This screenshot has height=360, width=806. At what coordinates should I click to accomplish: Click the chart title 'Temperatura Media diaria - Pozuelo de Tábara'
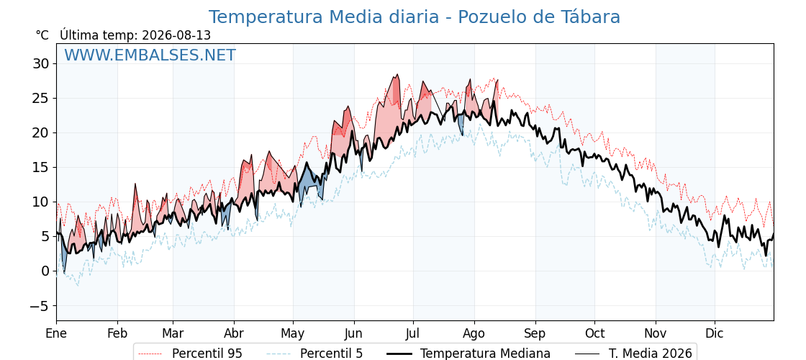pos(415,17)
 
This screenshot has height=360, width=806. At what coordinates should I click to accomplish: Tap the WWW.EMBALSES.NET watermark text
pos(150,55)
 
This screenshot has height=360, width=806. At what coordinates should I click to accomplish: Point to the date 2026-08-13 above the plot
pos(176,35)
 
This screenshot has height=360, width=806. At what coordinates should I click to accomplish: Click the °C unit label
pos(42,35)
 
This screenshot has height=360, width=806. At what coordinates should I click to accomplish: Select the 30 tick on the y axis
pos(41,64)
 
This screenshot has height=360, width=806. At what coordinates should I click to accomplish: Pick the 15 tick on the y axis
pos(41,168)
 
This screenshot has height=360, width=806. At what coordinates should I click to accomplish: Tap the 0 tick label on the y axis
pos(45,271)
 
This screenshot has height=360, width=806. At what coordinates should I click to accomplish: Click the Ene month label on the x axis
pos(56,333)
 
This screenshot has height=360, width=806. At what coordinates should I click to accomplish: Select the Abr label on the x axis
pos(234,333)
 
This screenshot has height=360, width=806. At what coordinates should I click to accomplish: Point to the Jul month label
pos(413,333)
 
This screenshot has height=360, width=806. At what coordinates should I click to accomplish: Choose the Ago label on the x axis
pos(474,334)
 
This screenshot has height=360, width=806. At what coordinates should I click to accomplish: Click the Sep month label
pos(535,334)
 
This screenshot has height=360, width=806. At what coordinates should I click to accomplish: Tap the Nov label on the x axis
pos(656,333)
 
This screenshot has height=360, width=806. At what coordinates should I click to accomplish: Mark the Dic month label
pos(715,333)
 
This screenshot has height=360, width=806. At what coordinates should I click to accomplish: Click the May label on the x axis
pos(293,334)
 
